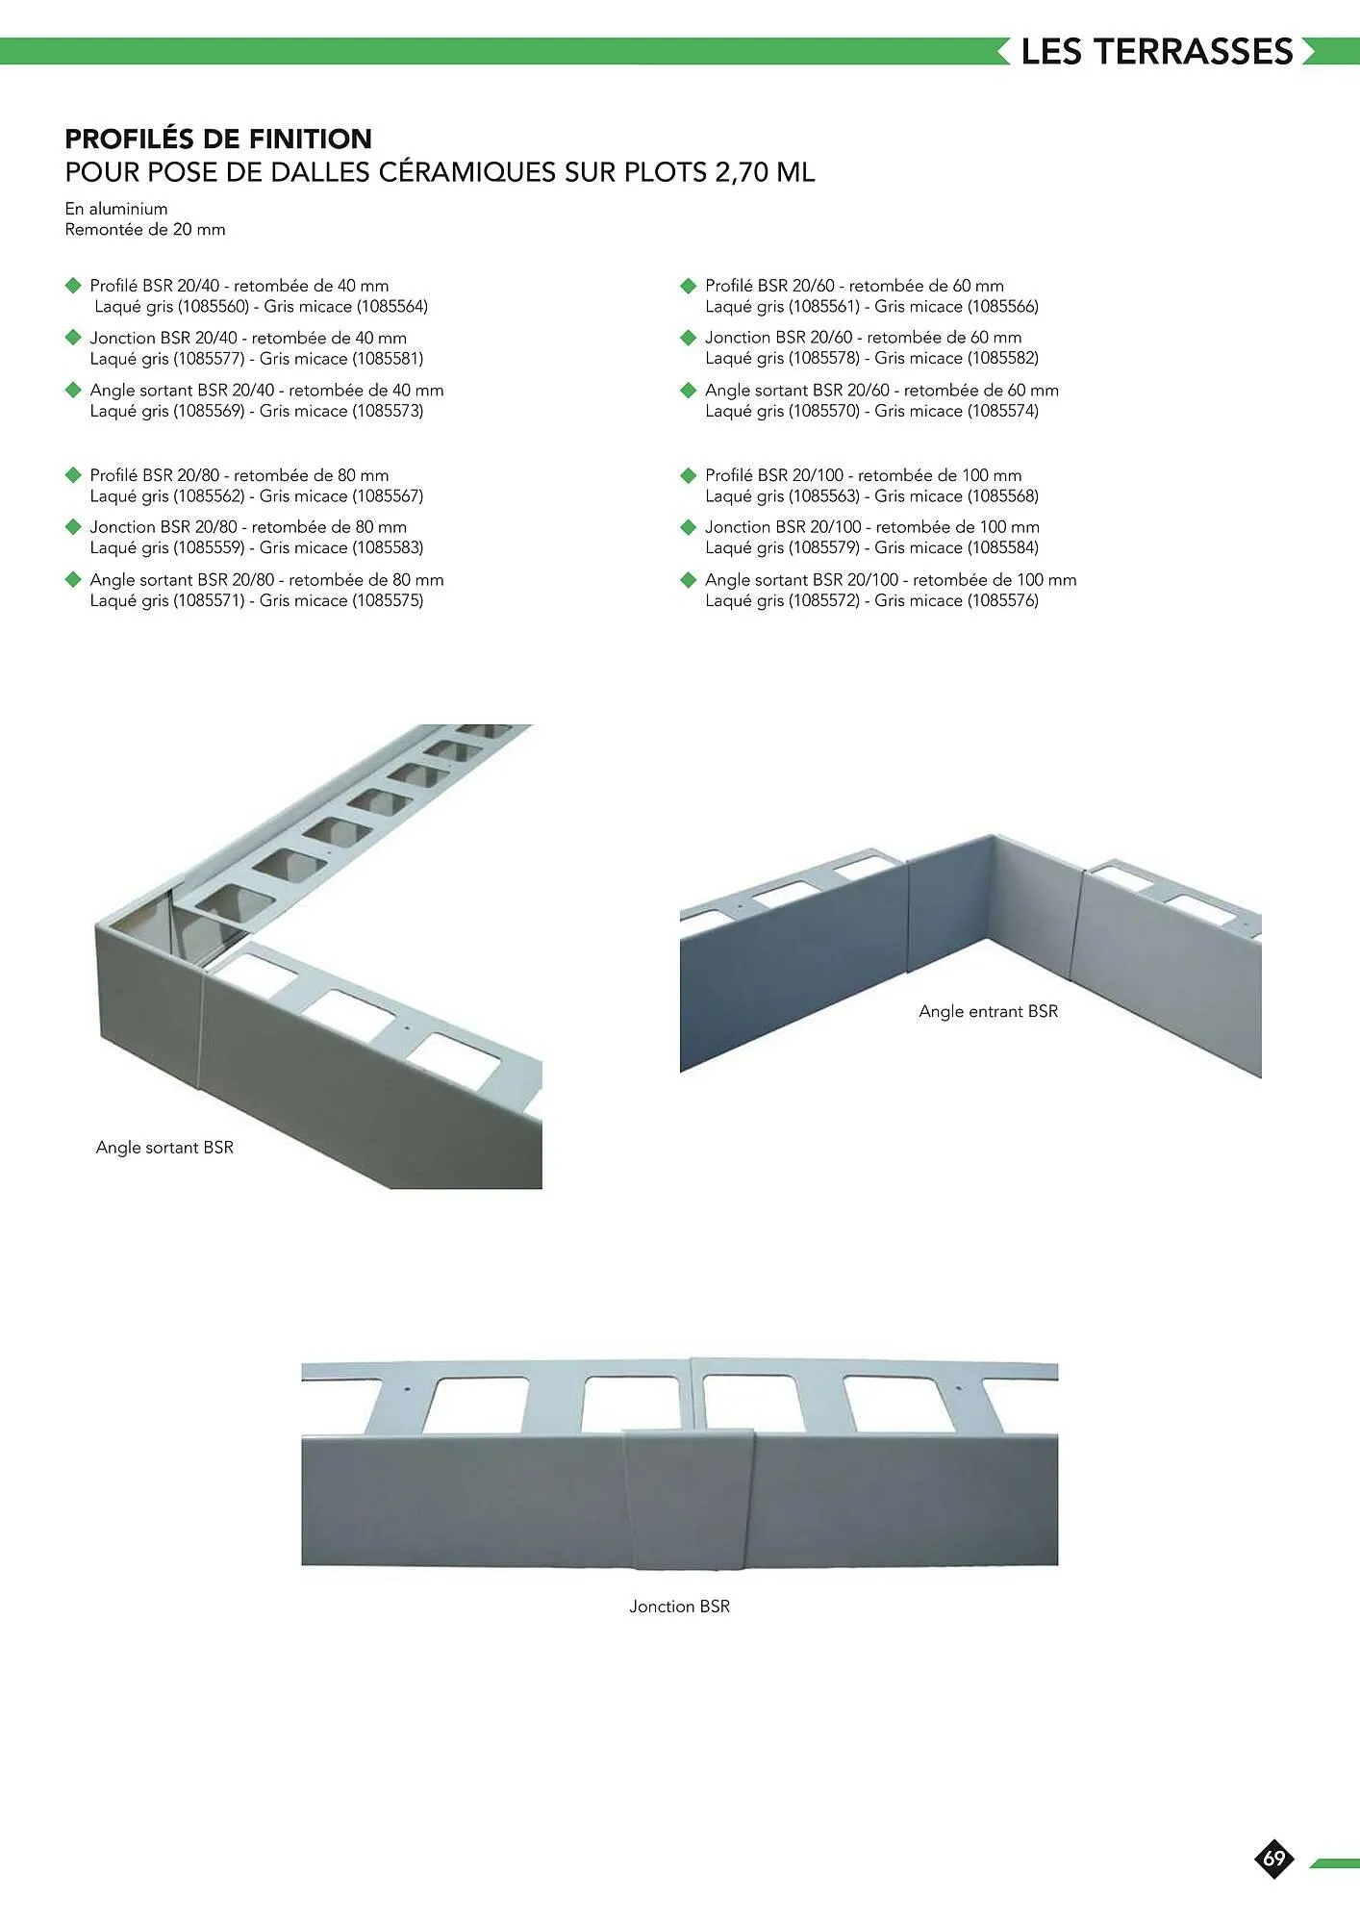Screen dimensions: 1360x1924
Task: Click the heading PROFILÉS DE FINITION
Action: (x=218, y=139)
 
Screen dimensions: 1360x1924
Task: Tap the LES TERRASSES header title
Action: (x=1157, y=52)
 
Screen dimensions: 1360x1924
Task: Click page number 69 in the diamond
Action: (x=1274, y=1858)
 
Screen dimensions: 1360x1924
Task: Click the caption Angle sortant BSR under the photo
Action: (x=164, y=1148)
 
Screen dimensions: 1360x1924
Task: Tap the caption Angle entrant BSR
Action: (x=989, y=1011)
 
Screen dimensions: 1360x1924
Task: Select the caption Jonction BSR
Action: (x=680, y=1607)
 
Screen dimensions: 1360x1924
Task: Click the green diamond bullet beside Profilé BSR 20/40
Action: (x=72, y=286)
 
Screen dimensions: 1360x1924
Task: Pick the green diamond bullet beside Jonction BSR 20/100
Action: (x=688, y=527)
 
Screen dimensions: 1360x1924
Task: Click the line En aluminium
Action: (x=116, y=209)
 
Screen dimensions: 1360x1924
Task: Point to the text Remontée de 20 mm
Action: (x=145, y=229)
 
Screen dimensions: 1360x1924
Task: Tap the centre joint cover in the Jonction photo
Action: (x=688, y=1499)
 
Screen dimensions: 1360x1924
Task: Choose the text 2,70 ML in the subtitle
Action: (x=765, y=173)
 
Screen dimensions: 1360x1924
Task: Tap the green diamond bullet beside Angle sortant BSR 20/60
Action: (x=688, y=391)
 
